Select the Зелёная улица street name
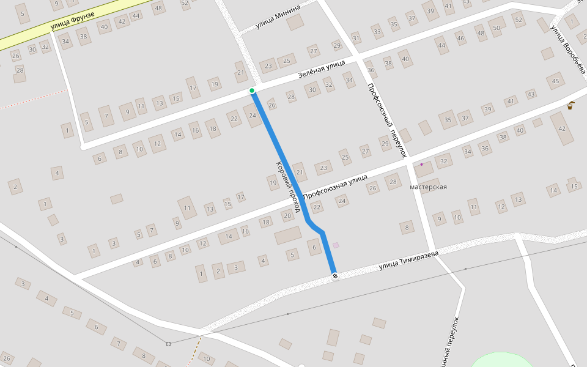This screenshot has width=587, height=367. click(322, 69)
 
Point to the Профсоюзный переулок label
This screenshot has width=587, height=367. click(387, 120)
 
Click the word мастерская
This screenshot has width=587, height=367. click(428, 187)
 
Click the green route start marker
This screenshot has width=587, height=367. click(252, 91)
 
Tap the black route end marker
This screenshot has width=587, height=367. click(335, 276)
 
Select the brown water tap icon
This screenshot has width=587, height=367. click(570, 105)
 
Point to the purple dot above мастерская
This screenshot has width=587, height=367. click(421, 164)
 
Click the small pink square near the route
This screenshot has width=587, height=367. click(336, 245)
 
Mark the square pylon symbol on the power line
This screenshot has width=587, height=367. click(168, 344)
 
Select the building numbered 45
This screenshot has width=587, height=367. click(555, 81)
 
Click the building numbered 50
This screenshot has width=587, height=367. click(497, 28)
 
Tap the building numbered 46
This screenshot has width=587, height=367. click(460, 39)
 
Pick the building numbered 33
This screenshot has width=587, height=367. click(377, 32)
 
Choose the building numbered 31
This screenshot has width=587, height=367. click(356, 39)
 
